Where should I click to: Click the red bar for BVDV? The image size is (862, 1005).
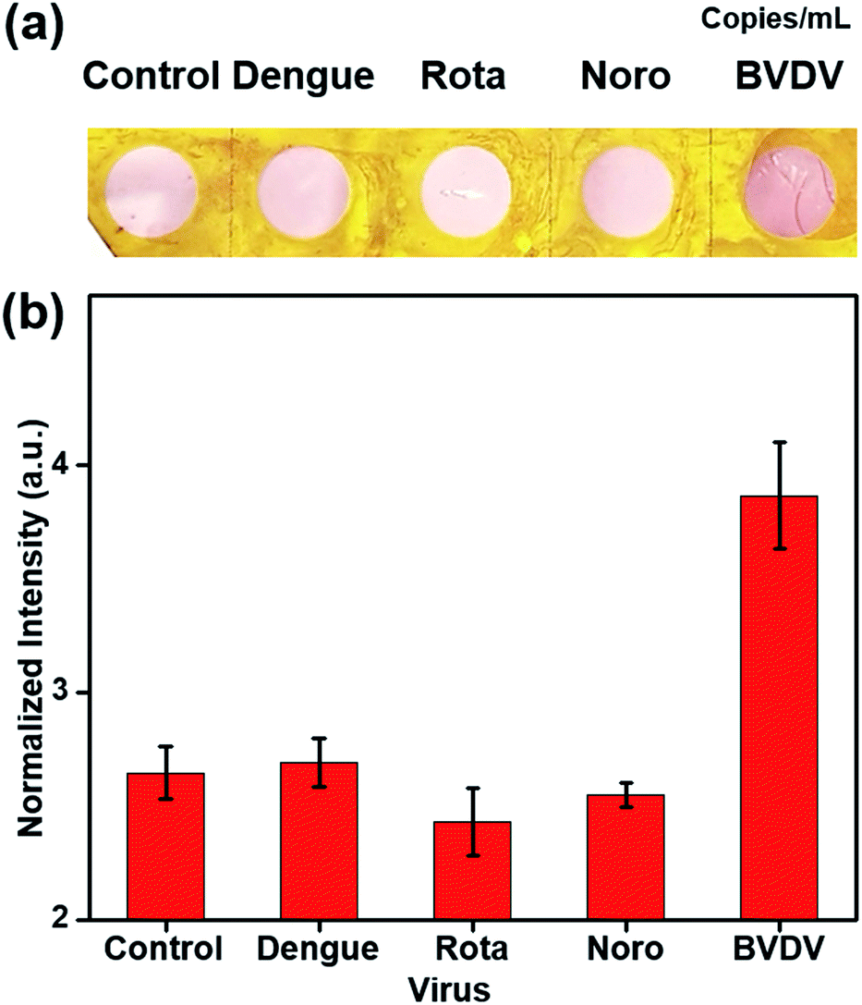779,707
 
